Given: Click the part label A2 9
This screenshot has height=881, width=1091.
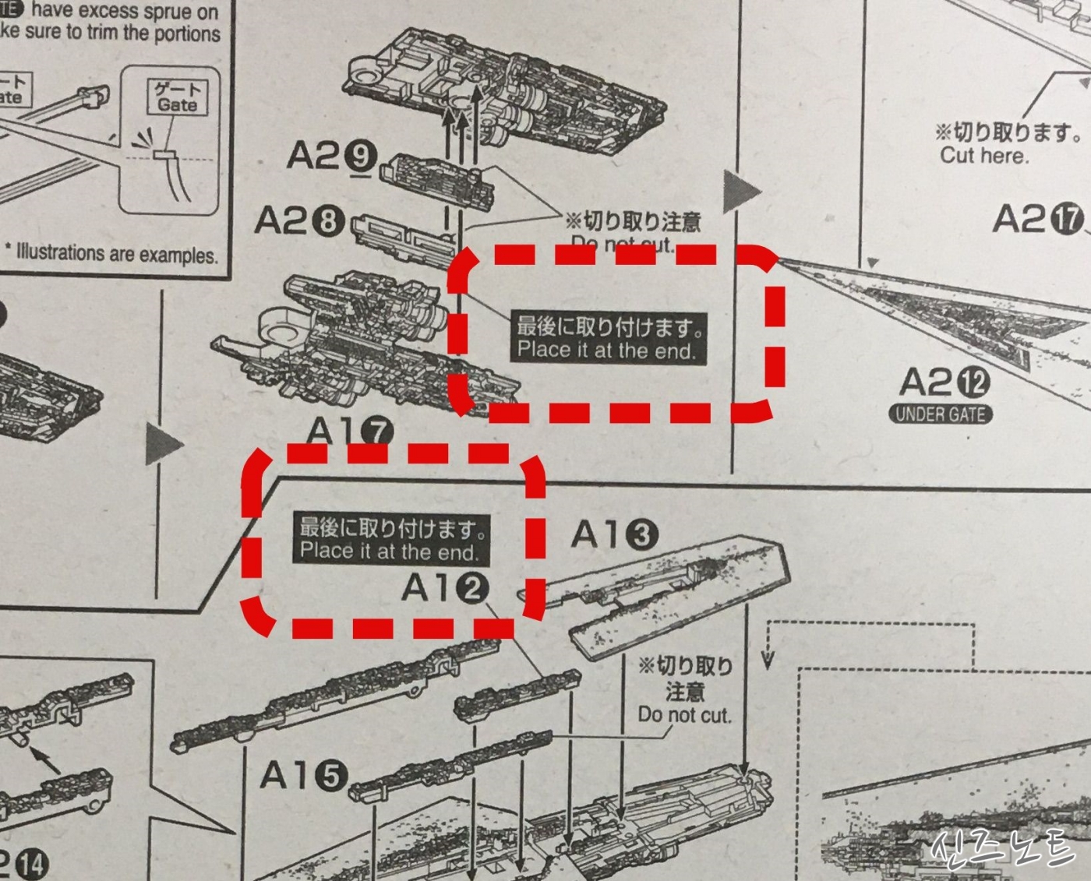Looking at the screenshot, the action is pyautogui.click(x=331, y=157).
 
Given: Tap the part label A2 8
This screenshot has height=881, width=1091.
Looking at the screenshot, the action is pyautogui.click(x=299, y=222).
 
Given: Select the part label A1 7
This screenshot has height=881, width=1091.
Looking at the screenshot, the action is pyautogui.click(x=350, y=431).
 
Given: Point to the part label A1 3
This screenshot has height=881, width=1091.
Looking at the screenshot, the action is pyautogui.click(x=614, y=535).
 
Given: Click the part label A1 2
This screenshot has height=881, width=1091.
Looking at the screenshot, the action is pyautogui.click(x=445, y=588).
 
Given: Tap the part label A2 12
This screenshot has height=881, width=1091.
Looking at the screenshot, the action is pyautogui.click(x=944, y=382).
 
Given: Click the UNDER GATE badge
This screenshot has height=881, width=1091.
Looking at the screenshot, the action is pyautogui.click(x=941, y=414).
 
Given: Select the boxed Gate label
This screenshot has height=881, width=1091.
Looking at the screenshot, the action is pyautogui.click(x=178, y=97).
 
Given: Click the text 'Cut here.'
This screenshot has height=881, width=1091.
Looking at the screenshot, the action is pyautogui.click(x=984, y=156).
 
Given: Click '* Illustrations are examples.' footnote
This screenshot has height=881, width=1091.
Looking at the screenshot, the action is pyautogui.click(x=111, y=254).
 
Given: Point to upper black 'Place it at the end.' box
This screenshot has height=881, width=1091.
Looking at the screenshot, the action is pyautogui.click(x=608, y=337).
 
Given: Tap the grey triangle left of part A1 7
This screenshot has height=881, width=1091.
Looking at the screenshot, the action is pyautogui.click(x=163, y=445).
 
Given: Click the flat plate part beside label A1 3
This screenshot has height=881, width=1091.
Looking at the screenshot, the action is pyautogui.click(x=670, y=592).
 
